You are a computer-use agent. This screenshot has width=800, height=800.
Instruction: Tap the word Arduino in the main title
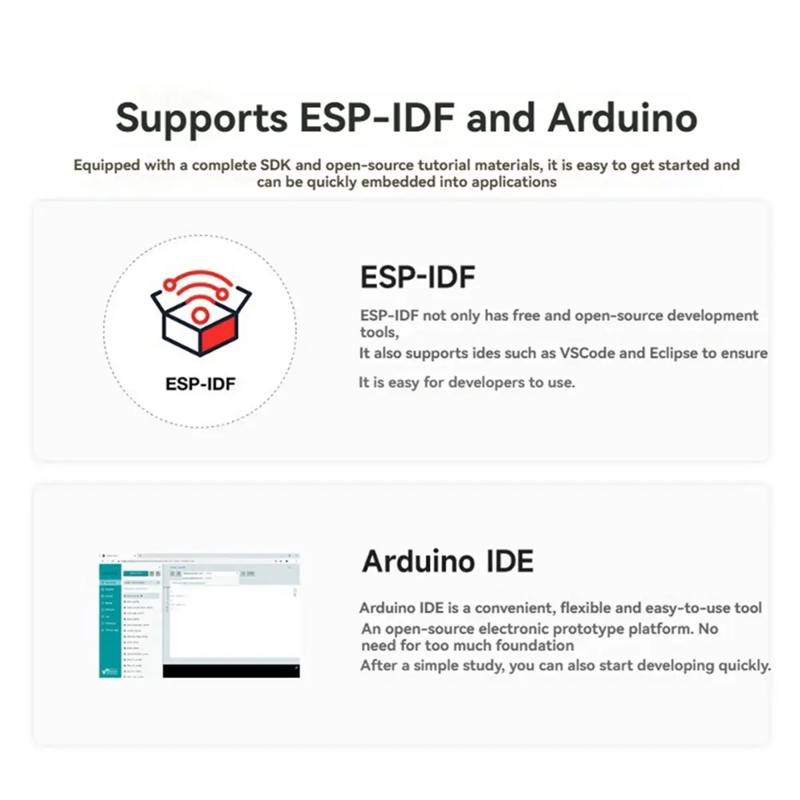point(622,117)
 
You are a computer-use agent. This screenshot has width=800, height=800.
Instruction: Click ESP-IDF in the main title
point(377,117)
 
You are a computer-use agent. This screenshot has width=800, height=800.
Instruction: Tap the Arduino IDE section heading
point(447,561)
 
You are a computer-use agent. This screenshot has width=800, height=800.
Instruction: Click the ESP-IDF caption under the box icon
point(200,384)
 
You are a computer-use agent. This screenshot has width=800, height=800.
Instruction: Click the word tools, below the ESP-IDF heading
point(379,332)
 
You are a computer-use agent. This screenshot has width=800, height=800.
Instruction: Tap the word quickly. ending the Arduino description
point(744,665)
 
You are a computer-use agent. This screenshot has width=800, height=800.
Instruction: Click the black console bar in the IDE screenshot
point(231,671)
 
